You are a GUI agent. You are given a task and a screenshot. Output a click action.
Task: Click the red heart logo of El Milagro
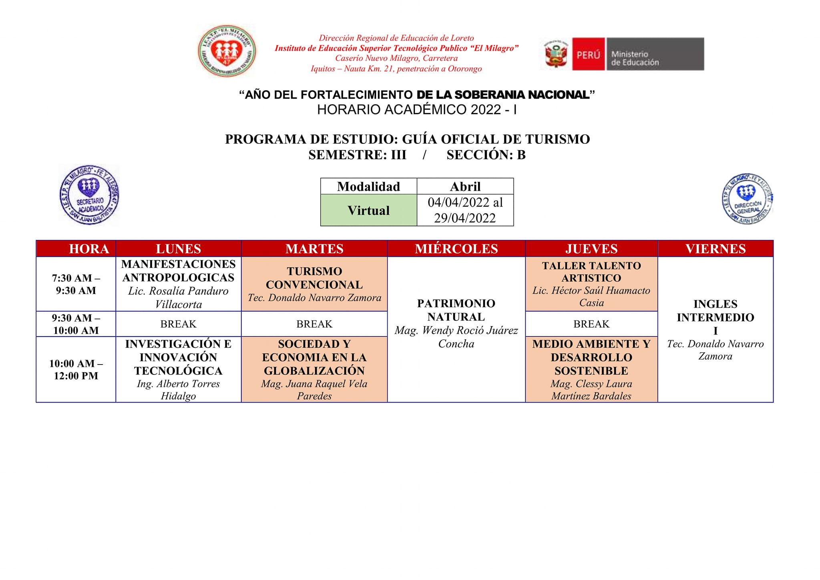click(x=227, y=51)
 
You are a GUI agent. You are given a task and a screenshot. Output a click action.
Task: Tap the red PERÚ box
click(x=588, y=54)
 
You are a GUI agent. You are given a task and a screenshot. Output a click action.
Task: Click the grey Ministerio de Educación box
click(x=655, y=54)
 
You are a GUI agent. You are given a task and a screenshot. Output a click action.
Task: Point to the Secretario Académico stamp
click(x=89, y=195)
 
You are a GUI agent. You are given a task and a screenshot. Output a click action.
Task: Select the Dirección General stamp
click(x=747, y=199)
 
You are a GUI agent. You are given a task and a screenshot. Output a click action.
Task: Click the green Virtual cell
click(x=368, y=210)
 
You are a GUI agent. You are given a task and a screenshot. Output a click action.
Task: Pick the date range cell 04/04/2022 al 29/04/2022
click(x=465, y=210)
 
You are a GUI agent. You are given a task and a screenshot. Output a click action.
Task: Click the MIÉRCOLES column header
click(x=456, y=249)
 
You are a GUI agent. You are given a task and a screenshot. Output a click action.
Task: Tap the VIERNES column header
click(x=715, y=249)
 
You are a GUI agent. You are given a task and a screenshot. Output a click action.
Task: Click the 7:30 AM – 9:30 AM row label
click(x=76, y=284)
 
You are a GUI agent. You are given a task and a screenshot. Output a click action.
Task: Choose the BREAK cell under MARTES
click(x=314, y=324)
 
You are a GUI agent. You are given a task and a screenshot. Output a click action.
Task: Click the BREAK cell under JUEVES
click(x=591, y=324)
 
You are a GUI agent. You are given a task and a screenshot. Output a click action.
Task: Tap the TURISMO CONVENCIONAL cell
click(x=314, y=284)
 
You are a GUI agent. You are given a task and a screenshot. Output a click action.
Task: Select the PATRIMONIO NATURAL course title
click(x=456, y=310)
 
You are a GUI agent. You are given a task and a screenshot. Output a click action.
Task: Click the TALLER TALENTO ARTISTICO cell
click(x=591, y=284)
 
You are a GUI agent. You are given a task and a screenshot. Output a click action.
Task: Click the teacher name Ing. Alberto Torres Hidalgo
click(x=178, y=390)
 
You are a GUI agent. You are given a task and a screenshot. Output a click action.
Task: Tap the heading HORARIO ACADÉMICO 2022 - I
click(x=417, y=109)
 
